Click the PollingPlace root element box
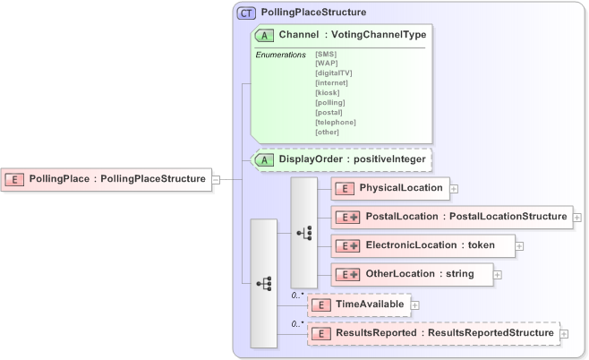pyautogui.click(x=106, y=179)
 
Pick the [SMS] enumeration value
pyautogui.click(x=326, y=54)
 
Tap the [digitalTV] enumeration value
pyautogui.click(x=334, y=72)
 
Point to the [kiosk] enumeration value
pyautogui.click(x=328, y=92)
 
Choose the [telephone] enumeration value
pyautogui.click(x=336, y=122)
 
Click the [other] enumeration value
pyautogui.click(x=328, y=132)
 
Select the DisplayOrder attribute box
pyautogui.click(x=342, y=160)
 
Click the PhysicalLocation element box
pyautogui.click(x=389, y=188)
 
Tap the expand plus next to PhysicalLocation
pyautogui.click(x=454, y=189)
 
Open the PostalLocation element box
pyautogui.click(x=451, y=217)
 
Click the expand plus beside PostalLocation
pyautogui.click(x=577, y=218)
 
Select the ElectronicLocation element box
pyautogui.click(x=423, y=245)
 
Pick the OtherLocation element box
pyautogui.click(x=412, y=273)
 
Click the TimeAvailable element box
pyautogui.click(x=358, y=305)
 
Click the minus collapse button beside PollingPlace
pyautogui.click(x=216, y=179)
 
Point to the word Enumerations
pyautogui.click(x=280, y=55)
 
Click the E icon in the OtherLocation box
pyautogui.click(x=346, y=273)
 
